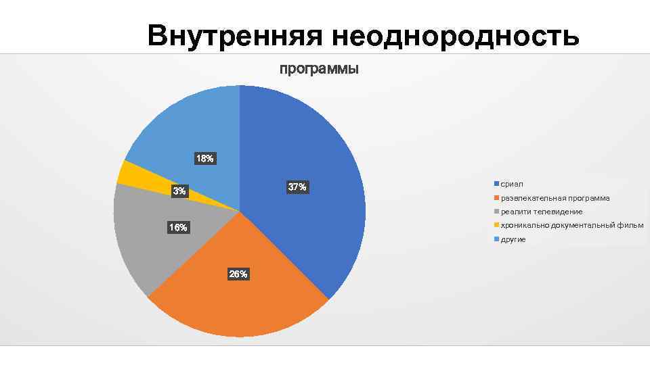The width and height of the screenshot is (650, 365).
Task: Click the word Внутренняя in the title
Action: click(236, 36)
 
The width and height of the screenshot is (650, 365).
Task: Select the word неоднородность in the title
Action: click(456, 36)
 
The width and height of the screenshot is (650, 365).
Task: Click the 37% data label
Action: click(297, 187)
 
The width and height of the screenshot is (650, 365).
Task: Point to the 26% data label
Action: click(238, 274)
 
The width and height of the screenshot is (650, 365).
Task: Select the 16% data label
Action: click(179, 228)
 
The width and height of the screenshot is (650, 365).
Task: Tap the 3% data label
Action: click(179, 191)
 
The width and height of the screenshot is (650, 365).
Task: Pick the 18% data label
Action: click(204, 159)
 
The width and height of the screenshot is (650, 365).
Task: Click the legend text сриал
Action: click(512, 184)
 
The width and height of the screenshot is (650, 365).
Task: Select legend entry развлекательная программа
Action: click(555, 198)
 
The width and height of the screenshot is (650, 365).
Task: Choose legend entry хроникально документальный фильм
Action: click(571, 225)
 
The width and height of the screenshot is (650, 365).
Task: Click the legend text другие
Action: click(513, 239)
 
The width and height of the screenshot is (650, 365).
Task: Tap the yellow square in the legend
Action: click(496, 225)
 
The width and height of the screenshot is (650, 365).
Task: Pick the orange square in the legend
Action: click(496, 198)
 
